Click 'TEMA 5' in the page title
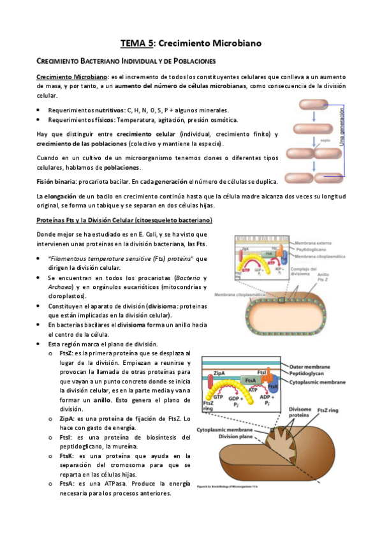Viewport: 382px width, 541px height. pyautogui.click(x=137, y=44)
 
